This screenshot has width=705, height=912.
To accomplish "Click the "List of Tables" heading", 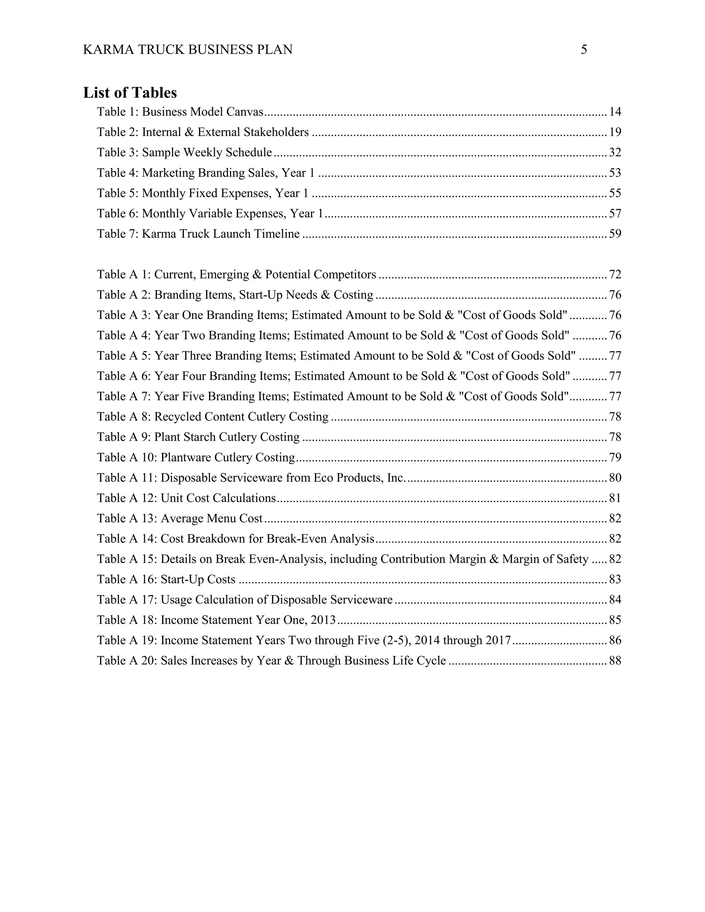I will click(x=130, y=93).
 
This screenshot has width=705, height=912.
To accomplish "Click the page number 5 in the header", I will click(x=584, y=50).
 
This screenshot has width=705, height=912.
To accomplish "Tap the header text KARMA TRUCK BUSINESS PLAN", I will click(x=188, y=50).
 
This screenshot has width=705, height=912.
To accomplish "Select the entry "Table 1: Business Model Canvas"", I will click(x=180, y=112).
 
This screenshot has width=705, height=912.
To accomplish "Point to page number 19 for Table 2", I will click(x=615, y=132).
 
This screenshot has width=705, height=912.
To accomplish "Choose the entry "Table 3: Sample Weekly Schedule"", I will click(x=184, y=152).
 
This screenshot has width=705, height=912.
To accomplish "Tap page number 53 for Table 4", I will click(x=615, y=173).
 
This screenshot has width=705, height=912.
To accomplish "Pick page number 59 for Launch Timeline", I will click(x=615, y=234).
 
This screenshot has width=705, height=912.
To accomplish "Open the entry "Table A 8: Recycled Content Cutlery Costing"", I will click(x=213, y=417).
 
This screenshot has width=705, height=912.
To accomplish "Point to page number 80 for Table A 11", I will click(x=615, y=478).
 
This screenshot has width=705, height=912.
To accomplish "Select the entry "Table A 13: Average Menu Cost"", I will click(x=180, y=519).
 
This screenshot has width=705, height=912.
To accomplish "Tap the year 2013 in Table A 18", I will click(x=323, y=620).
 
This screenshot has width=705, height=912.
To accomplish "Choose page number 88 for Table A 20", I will click(x=615, y=661).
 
